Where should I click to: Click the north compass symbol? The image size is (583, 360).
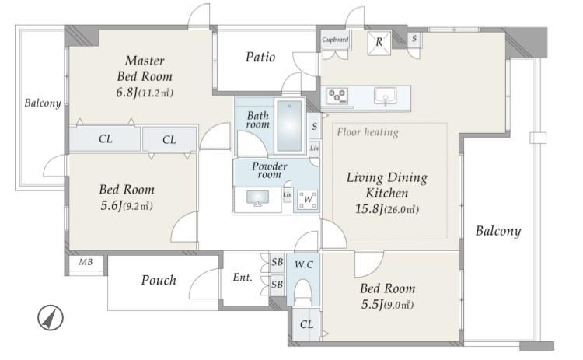point(51,318)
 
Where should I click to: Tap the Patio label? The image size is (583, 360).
point(260,57)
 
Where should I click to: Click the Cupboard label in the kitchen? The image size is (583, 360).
point(335,40)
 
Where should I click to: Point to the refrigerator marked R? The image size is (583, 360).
point(379,43)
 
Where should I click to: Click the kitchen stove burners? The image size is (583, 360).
point(337,96)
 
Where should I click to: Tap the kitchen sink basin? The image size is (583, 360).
point(386,96)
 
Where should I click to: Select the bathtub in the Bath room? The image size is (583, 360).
point(289,126)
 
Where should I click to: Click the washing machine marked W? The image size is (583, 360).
point(308,200)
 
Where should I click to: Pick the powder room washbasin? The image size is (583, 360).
point(257,197)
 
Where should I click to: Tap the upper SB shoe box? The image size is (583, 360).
point(277,262)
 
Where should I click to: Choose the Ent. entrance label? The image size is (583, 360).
point(243,278)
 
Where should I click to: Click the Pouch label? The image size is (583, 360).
point(159,280)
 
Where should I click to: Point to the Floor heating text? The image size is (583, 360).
point(368,132)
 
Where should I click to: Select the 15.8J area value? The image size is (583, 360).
point(369,209)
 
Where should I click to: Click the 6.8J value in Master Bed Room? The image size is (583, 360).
point(127,93)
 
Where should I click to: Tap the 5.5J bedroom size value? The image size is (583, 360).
point(372,305)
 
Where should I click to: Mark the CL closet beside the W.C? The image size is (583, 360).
point(306,324)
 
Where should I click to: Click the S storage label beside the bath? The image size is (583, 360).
point(315,127)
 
